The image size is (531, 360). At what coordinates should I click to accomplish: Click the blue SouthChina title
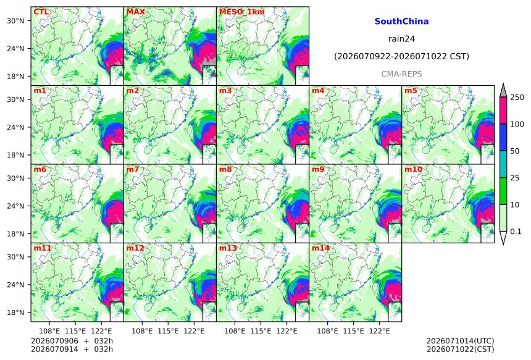click(401, 22)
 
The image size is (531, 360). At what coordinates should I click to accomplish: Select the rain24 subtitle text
click(401, 39)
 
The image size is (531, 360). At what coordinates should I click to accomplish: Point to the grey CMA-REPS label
click(401, 74)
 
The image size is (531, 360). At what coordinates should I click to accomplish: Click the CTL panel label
click(41, 12)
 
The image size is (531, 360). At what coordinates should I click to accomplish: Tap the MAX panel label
click(135, 12)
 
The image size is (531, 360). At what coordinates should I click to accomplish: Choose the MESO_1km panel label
click(242, 12)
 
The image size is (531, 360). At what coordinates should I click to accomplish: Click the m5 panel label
click(411, 91)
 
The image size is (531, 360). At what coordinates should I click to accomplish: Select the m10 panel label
click(414, 169)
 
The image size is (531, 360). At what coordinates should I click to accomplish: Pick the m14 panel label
click(320, 248)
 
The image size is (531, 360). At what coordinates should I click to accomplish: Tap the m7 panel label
click(133, 169)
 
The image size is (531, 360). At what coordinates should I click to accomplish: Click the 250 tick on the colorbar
click(517, 98)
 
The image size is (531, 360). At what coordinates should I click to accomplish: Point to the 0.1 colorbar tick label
click(516, 232)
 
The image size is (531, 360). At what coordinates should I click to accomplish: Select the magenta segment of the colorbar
click(503, 111)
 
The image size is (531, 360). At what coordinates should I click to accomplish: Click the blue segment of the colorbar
click(503, 138)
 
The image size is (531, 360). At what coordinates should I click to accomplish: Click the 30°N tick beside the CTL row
click(15, 21)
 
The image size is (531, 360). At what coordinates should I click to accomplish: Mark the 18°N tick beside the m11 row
click(15, 312)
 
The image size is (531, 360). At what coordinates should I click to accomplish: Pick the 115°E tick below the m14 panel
click(354, 330)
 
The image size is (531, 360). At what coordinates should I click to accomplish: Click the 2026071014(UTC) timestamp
click(460, 341)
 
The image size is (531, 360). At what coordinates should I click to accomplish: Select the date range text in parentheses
click(401, 56)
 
